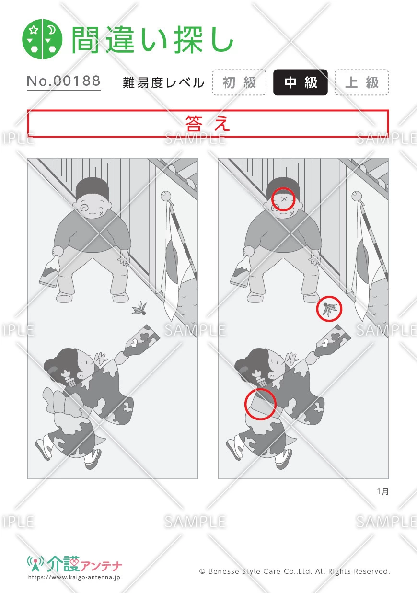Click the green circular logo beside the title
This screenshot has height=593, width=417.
42,39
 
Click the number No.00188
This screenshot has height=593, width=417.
64,81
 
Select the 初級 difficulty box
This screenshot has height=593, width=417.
239,82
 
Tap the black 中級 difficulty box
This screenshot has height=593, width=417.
301,82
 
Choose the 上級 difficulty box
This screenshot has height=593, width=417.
362,82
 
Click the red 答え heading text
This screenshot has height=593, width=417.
208,124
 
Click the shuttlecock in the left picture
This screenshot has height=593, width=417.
139,308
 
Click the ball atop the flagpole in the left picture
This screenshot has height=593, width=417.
166,196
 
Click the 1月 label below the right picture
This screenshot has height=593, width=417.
383,491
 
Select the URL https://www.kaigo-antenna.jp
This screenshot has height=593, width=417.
74,577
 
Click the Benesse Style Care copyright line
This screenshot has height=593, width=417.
294,571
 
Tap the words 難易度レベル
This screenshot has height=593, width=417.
163,83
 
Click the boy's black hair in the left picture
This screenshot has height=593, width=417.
92,187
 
